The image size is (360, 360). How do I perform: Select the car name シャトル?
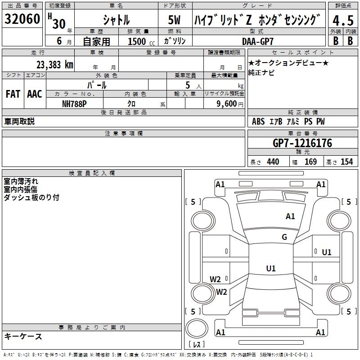coord(116,20)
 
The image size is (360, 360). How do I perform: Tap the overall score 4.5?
coord(342,21)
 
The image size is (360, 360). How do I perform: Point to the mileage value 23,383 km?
coord(55,64)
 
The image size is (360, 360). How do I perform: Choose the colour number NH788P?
coord(74,103)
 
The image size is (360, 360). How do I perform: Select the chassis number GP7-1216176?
coord(302,143)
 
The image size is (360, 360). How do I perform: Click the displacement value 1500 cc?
coord(141,41)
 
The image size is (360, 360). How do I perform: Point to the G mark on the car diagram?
coord(284,237)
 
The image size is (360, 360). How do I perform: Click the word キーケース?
coord(23,336)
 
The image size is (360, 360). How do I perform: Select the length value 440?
coord(273,162)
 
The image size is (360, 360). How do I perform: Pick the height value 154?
coord(346,162)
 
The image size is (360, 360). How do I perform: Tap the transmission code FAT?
coord(13,94)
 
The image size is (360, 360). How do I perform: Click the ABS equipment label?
coord(258,121)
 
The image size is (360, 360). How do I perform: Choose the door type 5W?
coord(175,21)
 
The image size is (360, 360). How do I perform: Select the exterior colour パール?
coord(97,85)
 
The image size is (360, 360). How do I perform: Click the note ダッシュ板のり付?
coord(31,198)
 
